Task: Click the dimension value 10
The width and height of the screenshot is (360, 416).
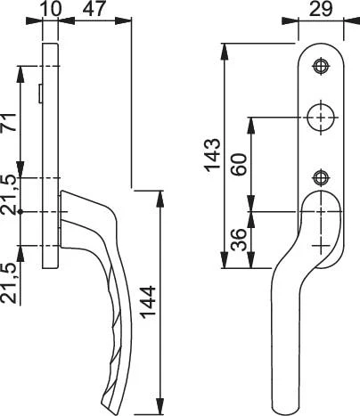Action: click(x=52, y=9)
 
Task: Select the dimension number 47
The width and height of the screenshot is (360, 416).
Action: click(x=94, y=9)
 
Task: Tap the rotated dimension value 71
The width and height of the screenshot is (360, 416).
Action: click(x=8, y=122)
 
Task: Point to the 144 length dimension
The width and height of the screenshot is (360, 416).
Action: click(x=148, y=302)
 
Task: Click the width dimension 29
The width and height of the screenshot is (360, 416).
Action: click(x=321, y=9)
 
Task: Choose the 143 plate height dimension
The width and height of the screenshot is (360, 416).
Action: click(x=213, y=155)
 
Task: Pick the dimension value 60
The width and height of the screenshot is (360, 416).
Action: click(x=239, y=164)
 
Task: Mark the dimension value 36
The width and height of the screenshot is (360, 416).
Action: click(x=239, y=240)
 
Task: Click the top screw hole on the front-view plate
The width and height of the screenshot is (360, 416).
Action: click(x=321, y=66)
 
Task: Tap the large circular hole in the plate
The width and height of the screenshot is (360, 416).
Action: click(x=321, y=118)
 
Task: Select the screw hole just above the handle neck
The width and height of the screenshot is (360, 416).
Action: click(x=321, y=177)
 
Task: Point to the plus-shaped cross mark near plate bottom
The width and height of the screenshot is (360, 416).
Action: click(x=321, y=246)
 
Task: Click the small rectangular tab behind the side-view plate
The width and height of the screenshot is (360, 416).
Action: click(x=40, y=94)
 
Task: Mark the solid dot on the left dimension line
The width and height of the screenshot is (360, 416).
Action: click(x=20, y=212)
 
